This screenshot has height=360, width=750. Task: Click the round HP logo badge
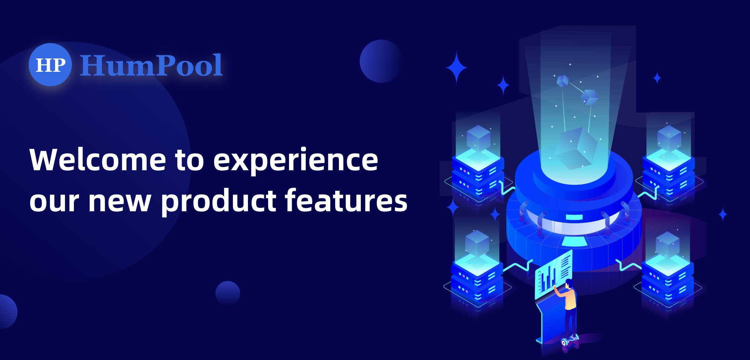tap(50, 65)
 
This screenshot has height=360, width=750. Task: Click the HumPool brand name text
tap(151, 65)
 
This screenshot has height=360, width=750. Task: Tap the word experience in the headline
tap(296, 161)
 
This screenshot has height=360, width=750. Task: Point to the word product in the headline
tap(219, 201)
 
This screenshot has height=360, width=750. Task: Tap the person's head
tap(569, 283)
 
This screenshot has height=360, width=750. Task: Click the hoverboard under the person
tap(570, 340)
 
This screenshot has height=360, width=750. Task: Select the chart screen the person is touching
tap(553, 274)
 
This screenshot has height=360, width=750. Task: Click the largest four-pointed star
tap(457, 68)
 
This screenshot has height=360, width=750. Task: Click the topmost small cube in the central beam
tap(563, 81)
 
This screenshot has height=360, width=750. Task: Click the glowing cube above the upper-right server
tap(669, 137)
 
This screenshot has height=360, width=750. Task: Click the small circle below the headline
tap(228, 293)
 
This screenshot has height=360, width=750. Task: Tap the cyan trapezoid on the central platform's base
tap(575, 242)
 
